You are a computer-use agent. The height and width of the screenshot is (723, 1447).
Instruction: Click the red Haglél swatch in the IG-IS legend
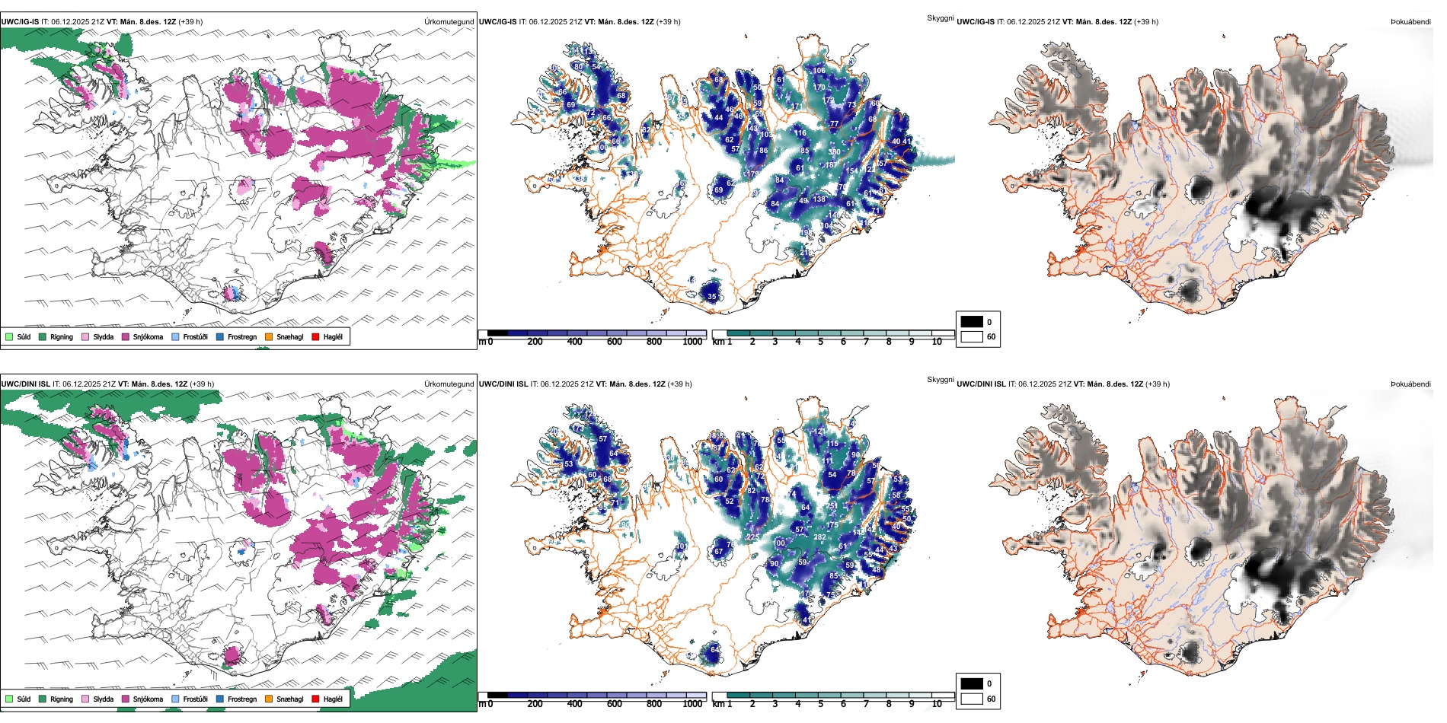coord(315,336)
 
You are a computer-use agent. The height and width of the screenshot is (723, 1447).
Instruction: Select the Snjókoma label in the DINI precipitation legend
coord(148,699)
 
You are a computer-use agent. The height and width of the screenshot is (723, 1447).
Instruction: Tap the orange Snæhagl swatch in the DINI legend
coord(269,699)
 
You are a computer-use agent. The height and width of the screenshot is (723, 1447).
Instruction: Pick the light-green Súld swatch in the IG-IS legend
coord(9,336)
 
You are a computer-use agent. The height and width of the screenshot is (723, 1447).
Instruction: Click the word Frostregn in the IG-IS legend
coord(242,336)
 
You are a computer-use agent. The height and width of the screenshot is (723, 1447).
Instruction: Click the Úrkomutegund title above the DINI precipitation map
coord(449,384)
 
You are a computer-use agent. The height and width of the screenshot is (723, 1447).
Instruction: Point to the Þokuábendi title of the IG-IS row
coord(1410,21)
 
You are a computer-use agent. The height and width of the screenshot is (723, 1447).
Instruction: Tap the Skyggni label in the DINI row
coord(940,379)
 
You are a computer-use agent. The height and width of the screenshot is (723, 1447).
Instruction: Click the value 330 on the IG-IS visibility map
coord(834,152)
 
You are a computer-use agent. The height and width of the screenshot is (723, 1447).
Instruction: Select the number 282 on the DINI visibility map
coord(819,537)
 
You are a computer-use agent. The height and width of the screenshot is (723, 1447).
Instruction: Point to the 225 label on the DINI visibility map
coord(752,537)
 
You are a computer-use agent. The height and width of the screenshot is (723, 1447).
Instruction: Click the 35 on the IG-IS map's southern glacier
coord(712,297)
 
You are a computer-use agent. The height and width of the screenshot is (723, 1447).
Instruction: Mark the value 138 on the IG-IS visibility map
coord(819,199)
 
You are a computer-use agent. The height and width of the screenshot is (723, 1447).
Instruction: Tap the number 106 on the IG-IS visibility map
coord(819,71)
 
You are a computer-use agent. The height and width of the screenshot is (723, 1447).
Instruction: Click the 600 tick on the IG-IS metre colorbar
coord(614,342)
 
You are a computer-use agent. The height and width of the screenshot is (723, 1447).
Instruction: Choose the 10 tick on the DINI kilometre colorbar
coord(937,704)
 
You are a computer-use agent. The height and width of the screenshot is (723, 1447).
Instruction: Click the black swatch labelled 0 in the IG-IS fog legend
coord(972,322)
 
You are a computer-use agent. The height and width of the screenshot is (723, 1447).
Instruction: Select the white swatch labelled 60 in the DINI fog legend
coord(972,699)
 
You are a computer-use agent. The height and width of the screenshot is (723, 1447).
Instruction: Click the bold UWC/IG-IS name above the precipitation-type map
coord(20,21)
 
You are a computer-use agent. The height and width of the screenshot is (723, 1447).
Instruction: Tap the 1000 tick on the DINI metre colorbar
coord(692,704)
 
